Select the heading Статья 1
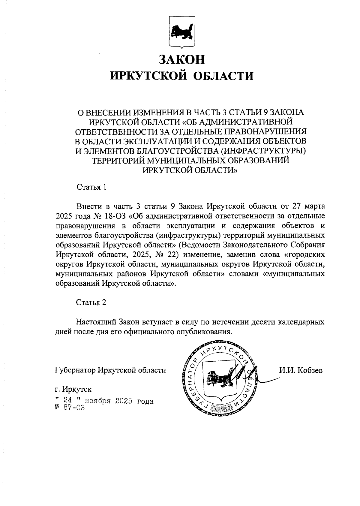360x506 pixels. (91, 187)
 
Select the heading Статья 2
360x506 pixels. (91, 302)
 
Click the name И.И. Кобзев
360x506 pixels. (301, 370)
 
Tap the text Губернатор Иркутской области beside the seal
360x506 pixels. (111, 370)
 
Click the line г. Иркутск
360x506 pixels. (73, 390)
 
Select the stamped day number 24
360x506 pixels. (67, 400)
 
